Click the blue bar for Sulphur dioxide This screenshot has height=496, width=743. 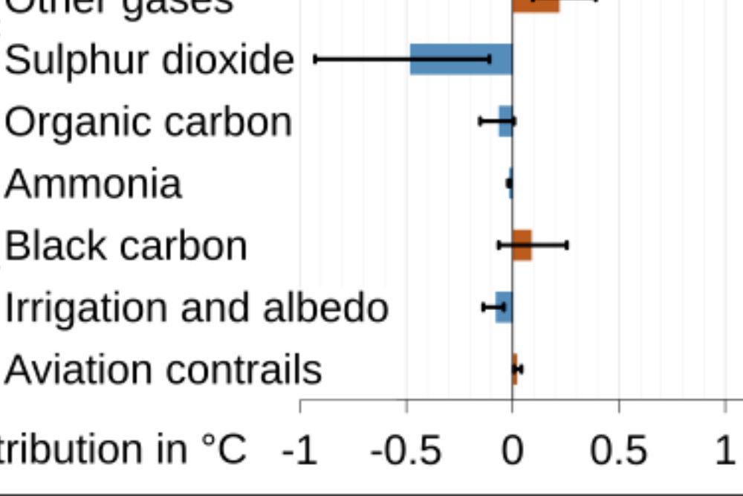[x=461, y=59]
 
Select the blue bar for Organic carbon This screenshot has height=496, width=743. [x=505, y=121]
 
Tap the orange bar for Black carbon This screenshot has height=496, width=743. [x=522, y=245]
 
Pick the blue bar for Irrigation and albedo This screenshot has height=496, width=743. [x=504, y=307]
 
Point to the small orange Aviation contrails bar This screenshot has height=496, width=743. [x=515, y=369]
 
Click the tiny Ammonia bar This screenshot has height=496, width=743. [x=510, y=183]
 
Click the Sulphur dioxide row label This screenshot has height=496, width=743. [x=149, y=59]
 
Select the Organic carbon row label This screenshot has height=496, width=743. [x=147, y=121]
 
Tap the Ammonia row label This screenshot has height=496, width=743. [x=93, y=183]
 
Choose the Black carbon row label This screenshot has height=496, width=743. [x=126, y=245]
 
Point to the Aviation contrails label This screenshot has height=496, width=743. [x=163, y=369]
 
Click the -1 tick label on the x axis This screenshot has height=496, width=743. [x=300, y=451]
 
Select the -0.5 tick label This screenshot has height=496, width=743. [x=406, y=451]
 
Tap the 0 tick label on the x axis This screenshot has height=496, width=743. [x=512, y=451]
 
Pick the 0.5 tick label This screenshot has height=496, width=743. [x=618, y=451]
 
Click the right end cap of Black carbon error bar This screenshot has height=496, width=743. [x=568, y=244]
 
